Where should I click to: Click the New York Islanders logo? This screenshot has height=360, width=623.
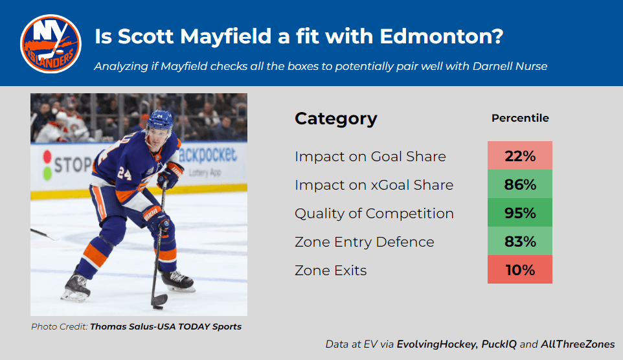51,44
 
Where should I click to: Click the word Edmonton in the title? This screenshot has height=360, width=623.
442,36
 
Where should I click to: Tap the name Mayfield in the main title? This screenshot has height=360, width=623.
226,36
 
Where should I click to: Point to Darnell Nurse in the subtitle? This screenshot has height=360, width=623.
510,66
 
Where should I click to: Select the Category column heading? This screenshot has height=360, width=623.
335,118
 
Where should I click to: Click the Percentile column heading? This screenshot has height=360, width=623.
520,118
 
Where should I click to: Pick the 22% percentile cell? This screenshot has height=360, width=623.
519,156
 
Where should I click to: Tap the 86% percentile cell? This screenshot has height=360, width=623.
519,185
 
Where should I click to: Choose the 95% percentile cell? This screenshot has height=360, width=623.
519,212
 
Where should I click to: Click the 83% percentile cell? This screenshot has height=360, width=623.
519,242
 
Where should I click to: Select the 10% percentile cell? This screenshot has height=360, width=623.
519,269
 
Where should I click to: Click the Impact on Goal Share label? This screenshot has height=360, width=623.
370,157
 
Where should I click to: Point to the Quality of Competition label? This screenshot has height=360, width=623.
374,214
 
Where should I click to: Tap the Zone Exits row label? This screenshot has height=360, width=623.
330,271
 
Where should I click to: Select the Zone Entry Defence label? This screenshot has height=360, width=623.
365,242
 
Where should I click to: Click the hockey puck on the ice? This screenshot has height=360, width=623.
158,307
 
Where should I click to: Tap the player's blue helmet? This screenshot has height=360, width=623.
160,121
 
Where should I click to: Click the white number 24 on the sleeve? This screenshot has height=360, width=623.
124,174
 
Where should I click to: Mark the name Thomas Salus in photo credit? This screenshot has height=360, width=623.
122,326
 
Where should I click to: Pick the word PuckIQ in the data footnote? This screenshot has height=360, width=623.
499,344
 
